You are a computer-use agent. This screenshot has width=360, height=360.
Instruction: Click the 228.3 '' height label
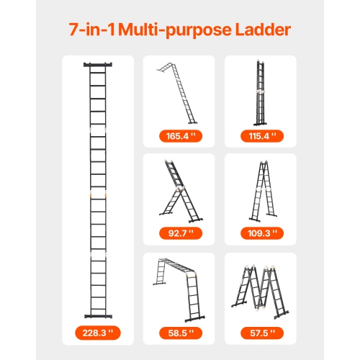pyautogui.click(x=96, y=333)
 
